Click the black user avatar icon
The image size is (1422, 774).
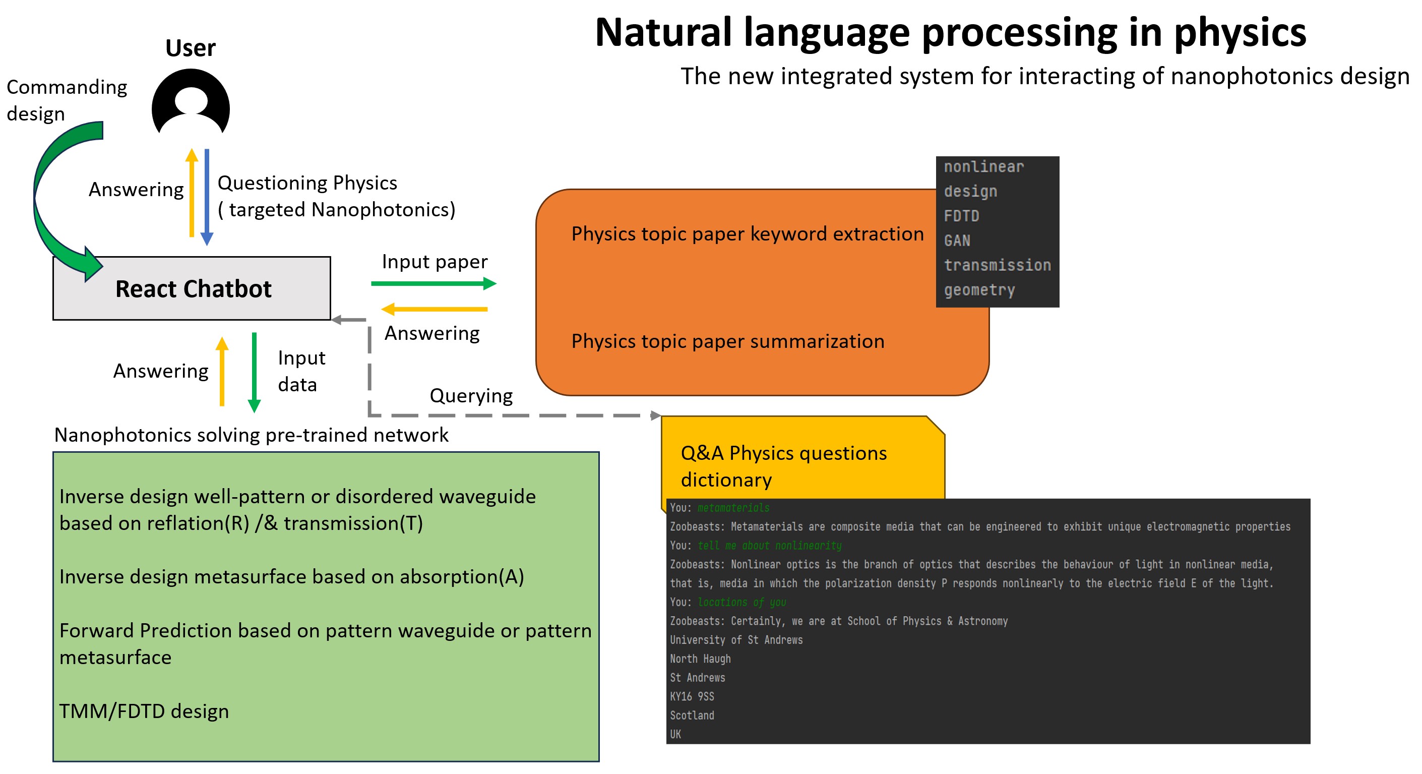(x=191, y=102)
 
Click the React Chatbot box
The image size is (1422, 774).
(x=192, y=289)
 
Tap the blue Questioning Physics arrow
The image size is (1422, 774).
(x=207, y=196)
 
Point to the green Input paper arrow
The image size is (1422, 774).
(x=434, y=284)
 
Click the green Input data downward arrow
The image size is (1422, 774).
(x=254, y=373)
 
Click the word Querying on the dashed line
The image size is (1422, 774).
(x=471, y=396)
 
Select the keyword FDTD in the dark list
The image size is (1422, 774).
(x=961, y=216)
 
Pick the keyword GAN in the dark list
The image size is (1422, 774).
(x=957, y=241)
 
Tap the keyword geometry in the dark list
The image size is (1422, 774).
(x=979, y=290)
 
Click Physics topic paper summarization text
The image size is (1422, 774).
(x=727, y=341)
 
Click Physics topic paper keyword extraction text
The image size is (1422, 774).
(x=747, y=234)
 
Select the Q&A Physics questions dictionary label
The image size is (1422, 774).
(x=783, y=466)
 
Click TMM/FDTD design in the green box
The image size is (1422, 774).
(x=144, y=711)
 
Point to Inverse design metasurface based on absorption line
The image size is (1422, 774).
(x=291, y=577)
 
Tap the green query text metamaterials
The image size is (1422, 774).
(x=733, y=507)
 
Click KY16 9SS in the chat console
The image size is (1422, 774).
(x=692, y=697)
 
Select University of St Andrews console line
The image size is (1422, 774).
(x=736, y=640)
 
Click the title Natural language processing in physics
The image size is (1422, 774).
(x=950, y=33)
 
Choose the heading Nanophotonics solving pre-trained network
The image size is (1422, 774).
(x=251, y=435)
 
